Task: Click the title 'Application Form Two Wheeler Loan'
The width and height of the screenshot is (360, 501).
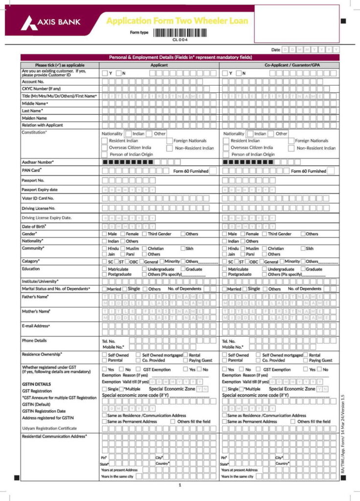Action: [177, 21]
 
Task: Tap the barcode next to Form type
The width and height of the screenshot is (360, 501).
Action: [180, 32]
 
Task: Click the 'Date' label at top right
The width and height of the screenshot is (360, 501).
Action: [276, 50]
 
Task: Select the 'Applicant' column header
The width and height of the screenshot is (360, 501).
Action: [159, 65]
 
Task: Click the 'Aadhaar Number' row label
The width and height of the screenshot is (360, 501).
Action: [38, 162]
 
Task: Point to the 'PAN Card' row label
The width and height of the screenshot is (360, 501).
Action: [32, 170]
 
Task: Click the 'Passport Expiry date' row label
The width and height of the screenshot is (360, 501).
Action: [40, 189]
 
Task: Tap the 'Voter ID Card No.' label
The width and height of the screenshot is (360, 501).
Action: [38, 198]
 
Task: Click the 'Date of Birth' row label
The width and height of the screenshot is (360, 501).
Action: [34, 227]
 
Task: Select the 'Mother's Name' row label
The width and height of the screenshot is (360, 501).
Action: [36, 311]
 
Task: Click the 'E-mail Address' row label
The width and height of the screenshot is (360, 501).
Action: [36, 326]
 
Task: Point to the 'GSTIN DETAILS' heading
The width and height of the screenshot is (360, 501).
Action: [37, 385]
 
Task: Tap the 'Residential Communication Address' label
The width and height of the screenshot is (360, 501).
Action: [54, 436]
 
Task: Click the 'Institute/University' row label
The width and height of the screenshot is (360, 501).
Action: [40, 281]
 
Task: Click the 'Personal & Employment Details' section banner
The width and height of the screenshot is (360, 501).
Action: [180, 57]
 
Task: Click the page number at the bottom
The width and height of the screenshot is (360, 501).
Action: [180, 485]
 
